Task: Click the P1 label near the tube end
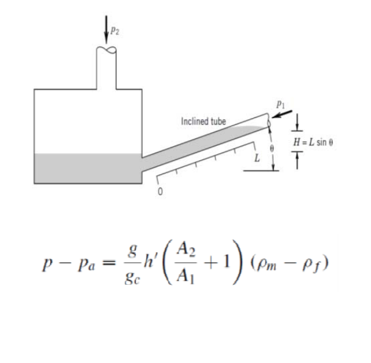click(x=280, y=105)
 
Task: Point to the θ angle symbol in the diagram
click(x=273, y=148)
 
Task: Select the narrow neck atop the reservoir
click(x=109, y=70)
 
